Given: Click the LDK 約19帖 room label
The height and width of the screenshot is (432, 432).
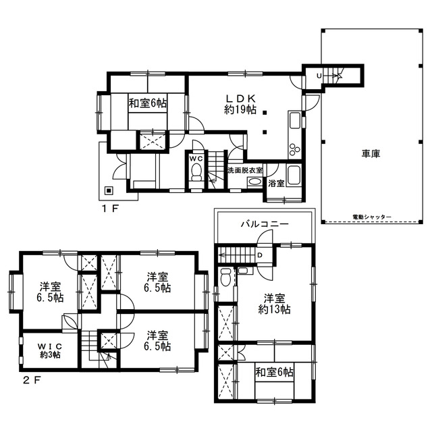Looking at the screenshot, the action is coord(240,105).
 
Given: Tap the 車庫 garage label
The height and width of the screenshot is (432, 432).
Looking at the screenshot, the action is coord(371,153).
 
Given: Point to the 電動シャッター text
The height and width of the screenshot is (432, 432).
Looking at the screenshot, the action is coord(372,217).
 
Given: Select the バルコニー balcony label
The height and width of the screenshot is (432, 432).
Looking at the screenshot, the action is coord(265,223).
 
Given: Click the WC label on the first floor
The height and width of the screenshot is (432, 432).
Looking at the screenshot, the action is coord(196,159).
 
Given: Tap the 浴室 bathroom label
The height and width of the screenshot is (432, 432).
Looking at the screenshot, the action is coord(276,183).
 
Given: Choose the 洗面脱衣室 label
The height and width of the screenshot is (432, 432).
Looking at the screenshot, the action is coord(245,170).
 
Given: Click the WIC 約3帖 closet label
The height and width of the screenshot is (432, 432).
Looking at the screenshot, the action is coord(50,350).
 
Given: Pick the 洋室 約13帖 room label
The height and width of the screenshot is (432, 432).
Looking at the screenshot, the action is coord(274,304).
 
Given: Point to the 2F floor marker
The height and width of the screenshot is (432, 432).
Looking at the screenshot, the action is coord(32,381).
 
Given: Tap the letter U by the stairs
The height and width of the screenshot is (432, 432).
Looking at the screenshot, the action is coord(319,76).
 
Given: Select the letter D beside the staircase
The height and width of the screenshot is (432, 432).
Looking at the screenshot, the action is coord(259,255).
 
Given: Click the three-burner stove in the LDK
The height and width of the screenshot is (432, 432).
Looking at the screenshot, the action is coord(294,150).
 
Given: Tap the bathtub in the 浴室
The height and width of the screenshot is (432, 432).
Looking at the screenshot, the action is coord(294,175).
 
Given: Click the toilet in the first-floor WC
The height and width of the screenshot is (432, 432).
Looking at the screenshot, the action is coord(196,172).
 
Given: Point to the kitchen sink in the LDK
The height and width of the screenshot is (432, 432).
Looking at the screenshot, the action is coord(295,120).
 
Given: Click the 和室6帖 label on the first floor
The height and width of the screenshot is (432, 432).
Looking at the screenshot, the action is coord(148,103).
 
